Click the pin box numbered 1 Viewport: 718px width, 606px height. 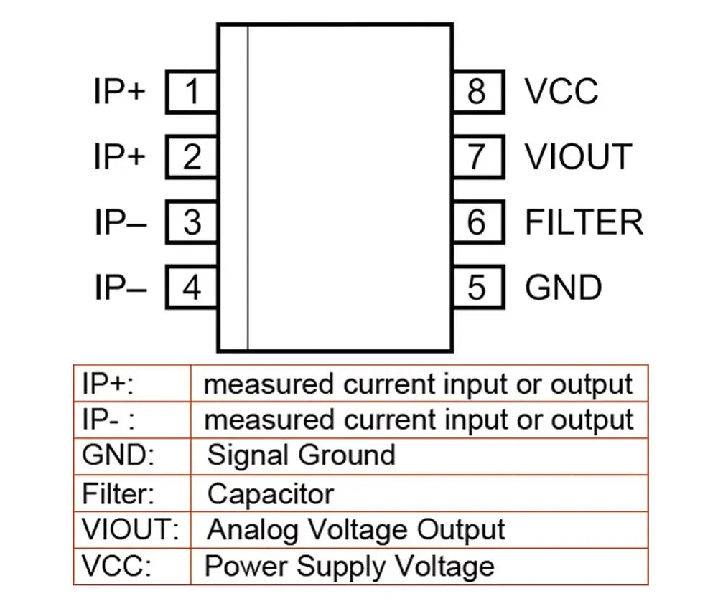pos(192,92)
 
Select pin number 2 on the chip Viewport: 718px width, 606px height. pos(192,157)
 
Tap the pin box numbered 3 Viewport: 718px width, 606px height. pos(192,222)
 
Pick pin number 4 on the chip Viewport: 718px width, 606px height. pos(192,287)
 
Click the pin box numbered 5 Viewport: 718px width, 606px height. pos(478,287)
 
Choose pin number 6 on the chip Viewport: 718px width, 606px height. pos(478,222)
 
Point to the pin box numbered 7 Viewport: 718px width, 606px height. pos(478,157)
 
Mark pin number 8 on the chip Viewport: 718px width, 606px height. pos(478,92)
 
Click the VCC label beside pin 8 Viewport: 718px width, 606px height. pos(561,92)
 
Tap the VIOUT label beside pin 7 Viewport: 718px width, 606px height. pos(579,157)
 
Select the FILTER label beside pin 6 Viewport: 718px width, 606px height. pos(584,222)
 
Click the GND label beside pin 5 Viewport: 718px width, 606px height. pos(563,288)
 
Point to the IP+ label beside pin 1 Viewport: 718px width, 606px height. pos(119,92)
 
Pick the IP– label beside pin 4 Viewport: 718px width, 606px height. pos(121,288)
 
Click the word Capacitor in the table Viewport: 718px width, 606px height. pos(271,495)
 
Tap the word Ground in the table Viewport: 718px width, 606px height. pos(348,455)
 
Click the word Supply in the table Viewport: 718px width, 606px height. pos(341,567)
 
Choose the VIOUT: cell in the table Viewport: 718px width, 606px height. pos(132,530)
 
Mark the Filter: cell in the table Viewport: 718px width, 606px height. pos(132,493)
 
